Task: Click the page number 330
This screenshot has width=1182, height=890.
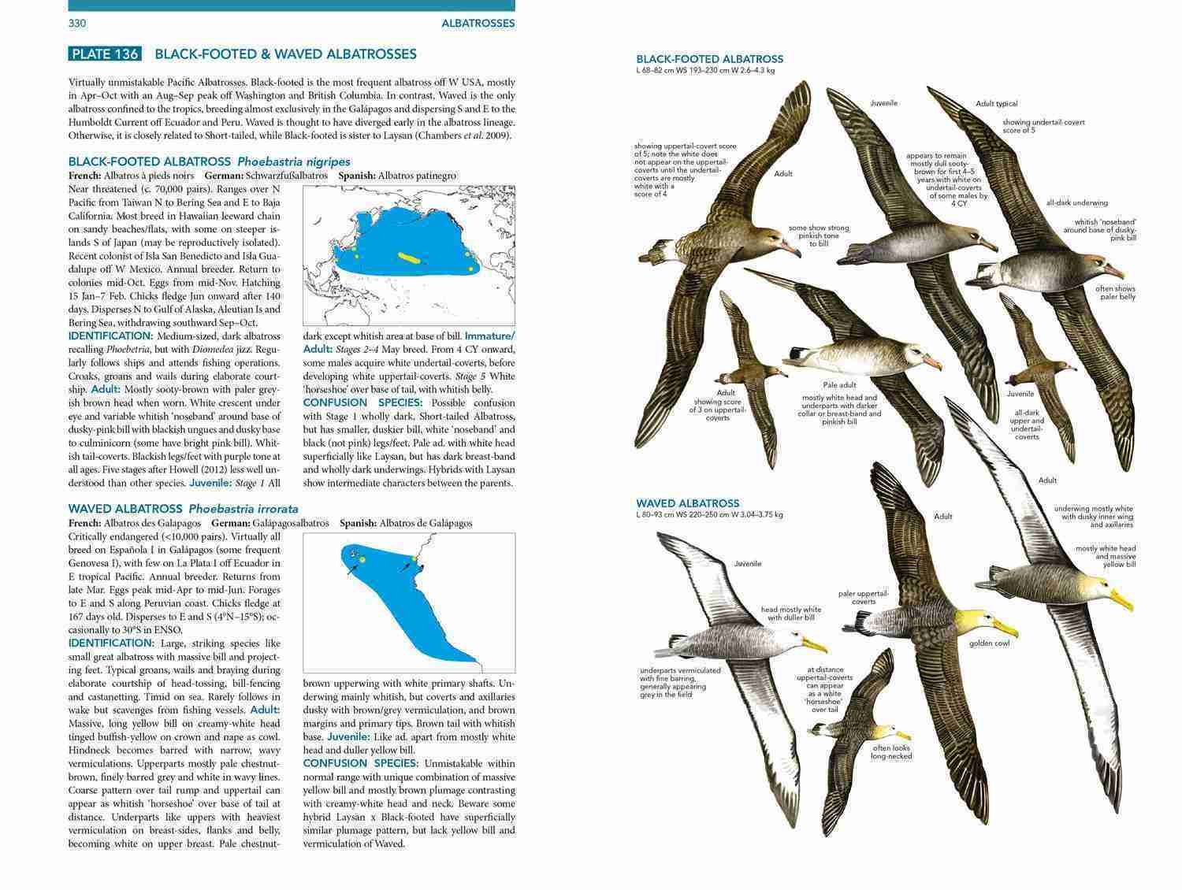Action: pyautogui.click(x=77, y=24)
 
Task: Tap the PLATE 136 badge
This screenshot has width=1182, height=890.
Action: pyautogui.click(x=105, y=54)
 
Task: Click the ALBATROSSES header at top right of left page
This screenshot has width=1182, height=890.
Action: pyautogui.click(x=478, y=24)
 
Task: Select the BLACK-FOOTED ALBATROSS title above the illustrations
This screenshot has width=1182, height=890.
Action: pyautogui.click(x=709, y=59)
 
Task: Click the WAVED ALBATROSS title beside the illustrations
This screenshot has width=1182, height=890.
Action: pyautogui.click(x=687, y=503)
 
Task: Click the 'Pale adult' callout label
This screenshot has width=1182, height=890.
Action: pyautogui.click(x=840, y=385)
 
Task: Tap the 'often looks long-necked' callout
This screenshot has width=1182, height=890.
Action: pyautogui.click(x=891, y=751)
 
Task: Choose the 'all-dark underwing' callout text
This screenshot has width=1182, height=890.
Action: pyautogui.click(x=1076, y=203)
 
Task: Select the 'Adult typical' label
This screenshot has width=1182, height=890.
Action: pyautogui.click(x=996, y=104)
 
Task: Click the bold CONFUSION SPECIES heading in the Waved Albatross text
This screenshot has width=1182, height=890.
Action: pyautogui.click(x=360, y=763)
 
